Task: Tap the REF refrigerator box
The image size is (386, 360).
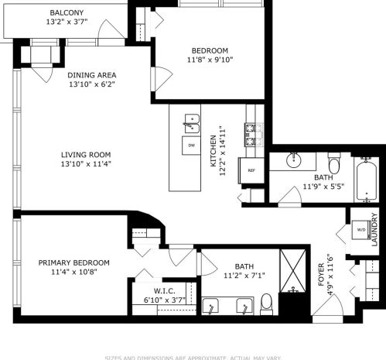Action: [251, 170]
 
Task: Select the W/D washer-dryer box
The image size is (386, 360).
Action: [360, 230]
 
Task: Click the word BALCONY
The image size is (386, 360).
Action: [67, 13]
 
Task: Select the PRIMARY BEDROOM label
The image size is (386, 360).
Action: [74, 262]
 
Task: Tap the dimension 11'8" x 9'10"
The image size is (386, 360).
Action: [210, 59]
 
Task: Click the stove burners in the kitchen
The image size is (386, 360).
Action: [252, 135]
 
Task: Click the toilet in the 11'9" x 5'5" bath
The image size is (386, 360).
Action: [335, 163]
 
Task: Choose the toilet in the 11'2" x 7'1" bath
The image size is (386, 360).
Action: [267, 303]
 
